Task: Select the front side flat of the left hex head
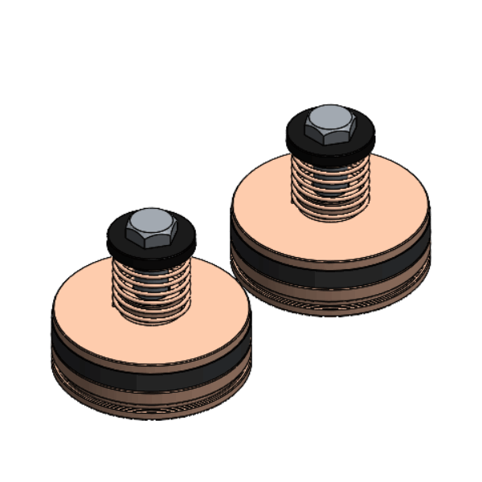click(x=153, y=239)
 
